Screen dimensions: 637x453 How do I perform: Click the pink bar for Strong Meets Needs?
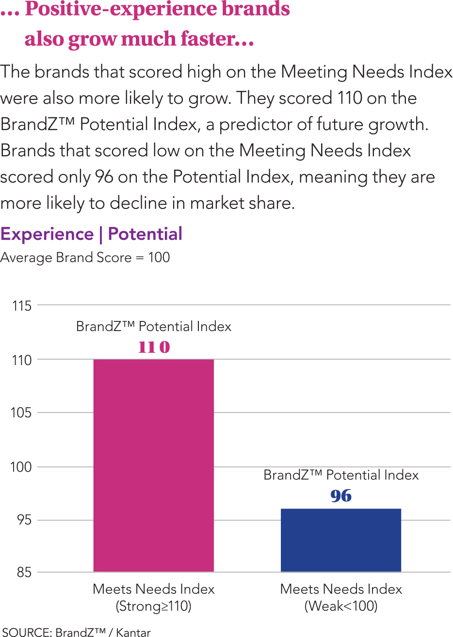[x=153, y=465]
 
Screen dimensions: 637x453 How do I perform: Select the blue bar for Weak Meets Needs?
[x=341, y=540]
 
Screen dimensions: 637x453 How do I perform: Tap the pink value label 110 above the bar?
[x=154, y=347]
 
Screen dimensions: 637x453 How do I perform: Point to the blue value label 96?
[x=341, y=496]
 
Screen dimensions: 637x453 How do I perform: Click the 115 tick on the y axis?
[x=21, y=306]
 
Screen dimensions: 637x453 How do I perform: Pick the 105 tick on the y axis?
[x=21, y=413]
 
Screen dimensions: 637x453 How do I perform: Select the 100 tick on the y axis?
[x=21, y=467]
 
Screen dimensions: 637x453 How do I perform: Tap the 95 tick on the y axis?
[x=23, y=520]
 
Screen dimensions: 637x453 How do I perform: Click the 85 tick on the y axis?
[x=24, y=573]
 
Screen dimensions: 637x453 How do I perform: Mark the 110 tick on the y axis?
[x=21, y=360]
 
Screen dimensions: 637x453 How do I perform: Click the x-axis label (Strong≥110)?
[x=153, y=606]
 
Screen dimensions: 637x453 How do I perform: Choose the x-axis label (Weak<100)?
[x=341, y=606]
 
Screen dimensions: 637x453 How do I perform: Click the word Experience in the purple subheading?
[x=47, y=234]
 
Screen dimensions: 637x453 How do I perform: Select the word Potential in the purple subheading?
[x=145, y=234]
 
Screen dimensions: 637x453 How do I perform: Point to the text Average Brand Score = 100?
[x=85, y=257]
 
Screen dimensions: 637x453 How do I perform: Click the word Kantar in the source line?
[x=133, y=632]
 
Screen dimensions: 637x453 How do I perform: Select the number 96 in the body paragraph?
[x=104, y=177]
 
